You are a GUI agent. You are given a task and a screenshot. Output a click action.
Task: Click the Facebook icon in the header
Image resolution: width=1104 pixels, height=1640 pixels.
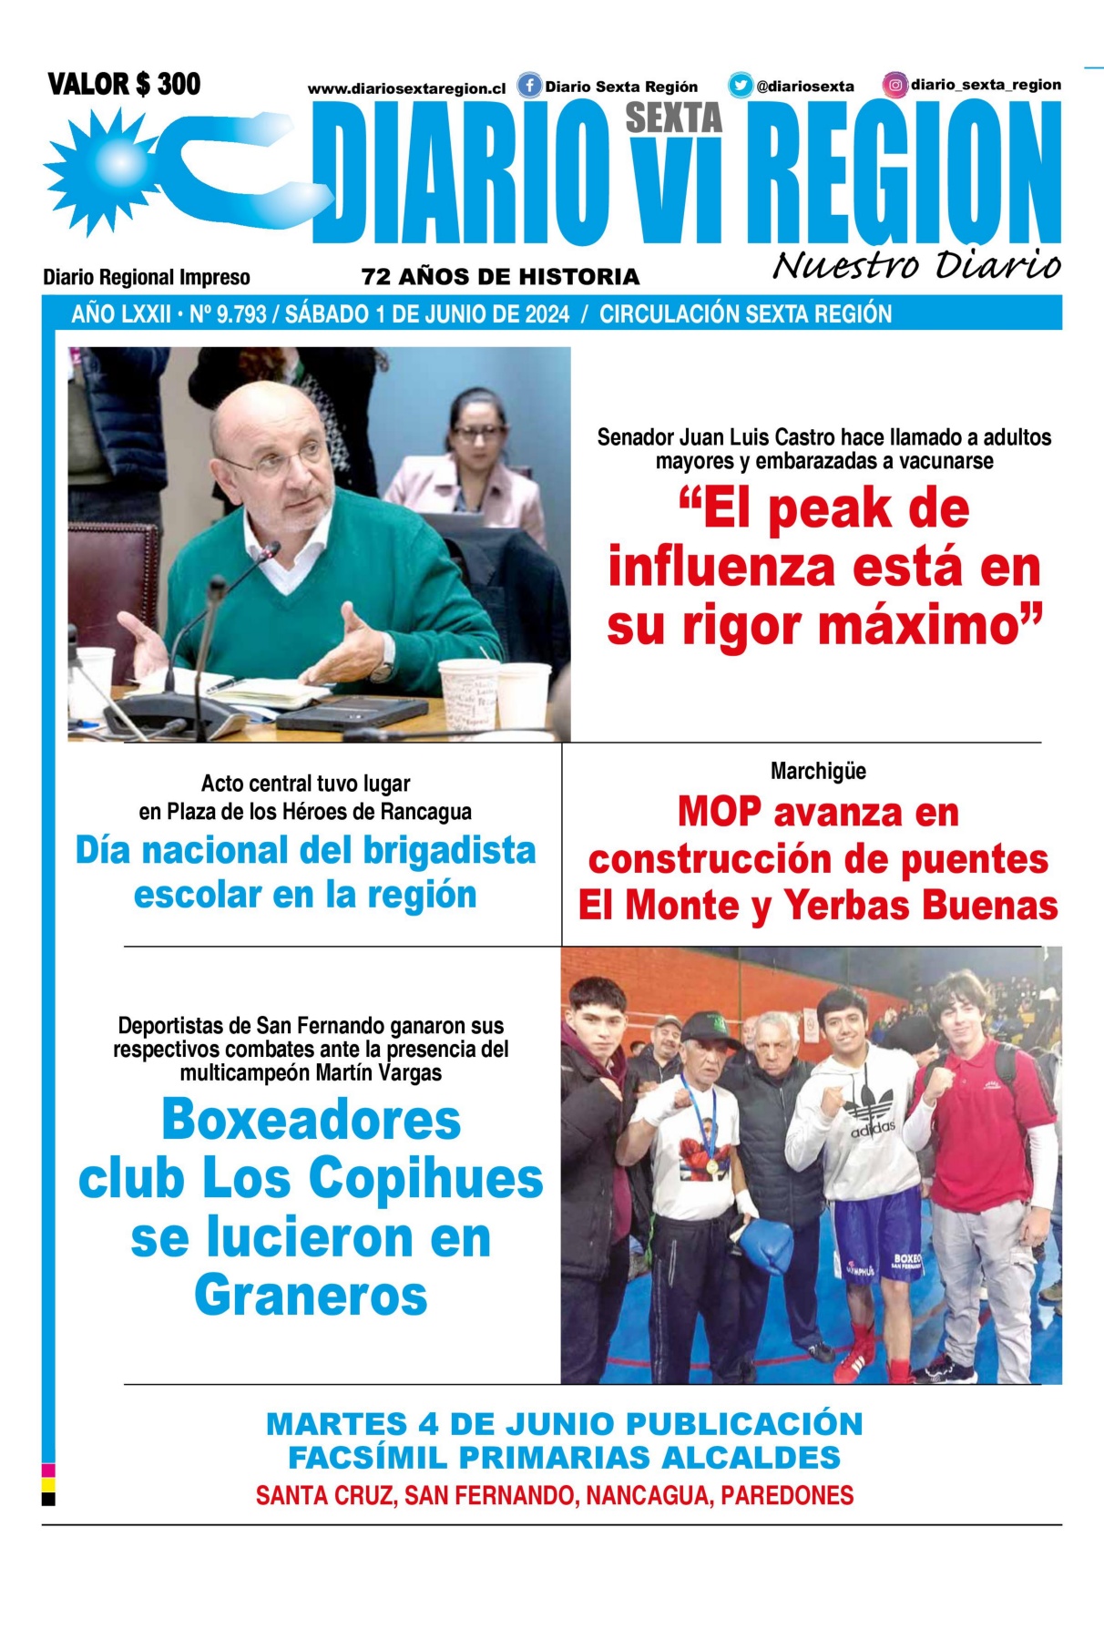pos(529,86)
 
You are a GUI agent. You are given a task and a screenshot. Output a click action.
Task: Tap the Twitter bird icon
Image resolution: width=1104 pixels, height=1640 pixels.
pos(740,86)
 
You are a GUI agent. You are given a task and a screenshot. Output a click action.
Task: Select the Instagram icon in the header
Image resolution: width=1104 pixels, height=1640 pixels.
pos(895,85)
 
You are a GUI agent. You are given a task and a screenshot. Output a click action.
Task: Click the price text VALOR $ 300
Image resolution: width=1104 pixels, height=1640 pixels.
pos(124,85)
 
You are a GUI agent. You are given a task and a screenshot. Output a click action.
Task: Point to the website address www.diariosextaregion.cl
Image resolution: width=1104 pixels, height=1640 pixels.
pos(406,88)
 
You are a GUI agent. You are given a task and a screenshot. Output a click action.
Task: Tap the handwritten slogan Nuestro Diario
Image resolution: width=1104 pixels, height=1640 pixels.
pos(916,265)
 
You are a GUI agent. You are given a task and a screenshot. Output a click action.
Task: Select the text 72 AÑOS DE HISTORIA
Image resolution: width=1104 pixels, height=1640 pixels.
pos(500,277)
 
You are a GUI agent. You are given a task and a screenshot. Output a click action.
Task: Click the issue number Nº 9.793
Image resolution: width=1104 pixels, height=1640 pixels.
pos(228,314)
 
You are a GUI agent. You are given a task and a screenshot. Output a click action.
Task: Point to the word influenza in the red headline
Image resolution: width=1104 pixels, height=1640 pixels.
pos(721,567)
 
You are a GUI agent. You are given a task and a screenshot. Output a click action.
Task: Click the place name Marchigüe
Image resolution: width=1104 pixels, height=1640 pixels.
pos(818,771)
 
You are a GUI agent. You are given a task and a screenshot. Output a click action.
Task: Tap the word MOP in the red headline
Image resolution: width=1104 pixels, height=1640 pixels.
pos(719,812)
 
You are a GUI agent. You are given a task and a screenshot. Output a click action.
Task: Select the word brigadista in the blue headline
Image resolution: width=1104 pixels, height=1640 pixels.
pos(450,850)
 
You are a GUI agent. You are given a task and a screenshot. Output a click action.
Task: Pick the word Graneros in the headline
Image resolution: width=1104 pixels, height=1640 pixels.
pos(311,1296)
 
